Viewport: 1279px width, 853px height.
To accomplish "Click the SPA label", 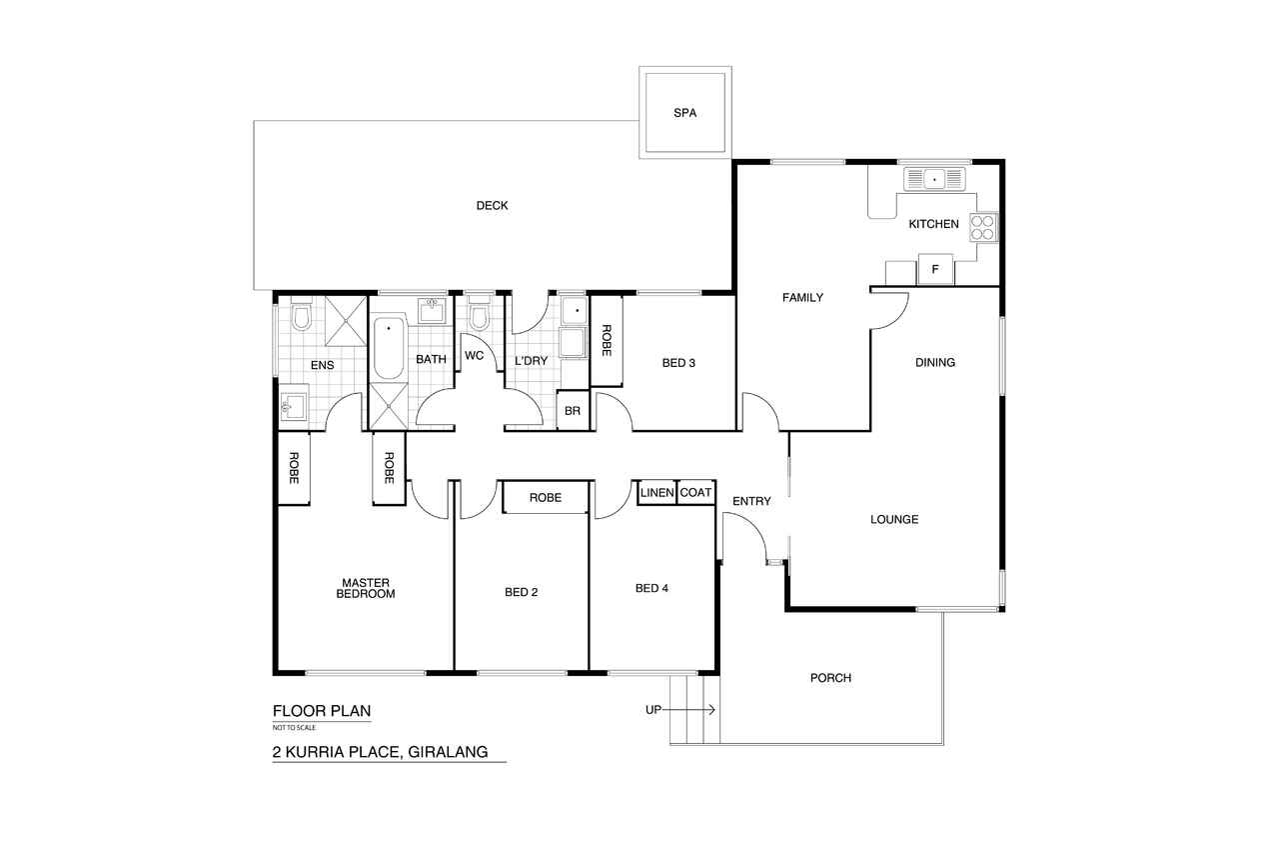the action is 684,113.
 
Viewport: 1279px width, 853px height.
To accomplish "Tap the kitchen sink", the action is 934,179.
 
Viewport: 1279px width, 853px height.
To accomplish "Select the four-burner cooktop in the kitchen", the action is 983,227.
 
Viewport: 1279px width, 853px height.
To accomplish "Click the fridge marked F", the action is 934,269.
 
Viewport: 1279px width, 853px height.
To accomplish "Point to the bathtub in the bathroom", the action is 389,348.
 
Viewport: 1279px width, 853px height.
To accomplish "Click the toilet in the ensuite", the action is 301,314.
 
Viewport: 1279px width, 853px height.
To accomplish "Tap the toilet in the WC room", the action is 479,314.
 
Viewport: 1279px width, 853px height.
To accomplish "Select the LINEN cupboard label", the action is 656,492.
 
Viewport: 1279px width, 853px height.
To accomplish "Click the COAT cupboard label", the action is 695,492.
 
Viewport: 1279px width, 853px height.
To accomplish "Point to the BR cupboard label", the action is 573,411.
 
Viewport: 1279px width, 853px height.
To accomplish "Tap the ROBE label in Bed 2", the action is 546,498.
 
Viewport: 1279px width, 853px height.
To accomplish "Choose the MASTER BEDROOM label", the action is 366,588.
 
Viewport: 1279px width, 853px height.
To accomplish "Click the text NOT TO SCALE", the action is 294,728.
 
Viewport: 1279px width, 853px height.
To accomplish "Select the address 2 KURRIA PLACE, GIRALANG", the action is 381,752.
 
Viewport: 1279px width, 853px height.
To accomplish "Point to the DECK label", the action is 493,206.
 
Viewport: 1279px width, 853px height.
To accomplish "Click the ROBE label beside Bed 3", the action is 607,341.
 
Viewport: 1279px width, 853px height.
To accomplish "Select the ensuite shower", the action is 346,321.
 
